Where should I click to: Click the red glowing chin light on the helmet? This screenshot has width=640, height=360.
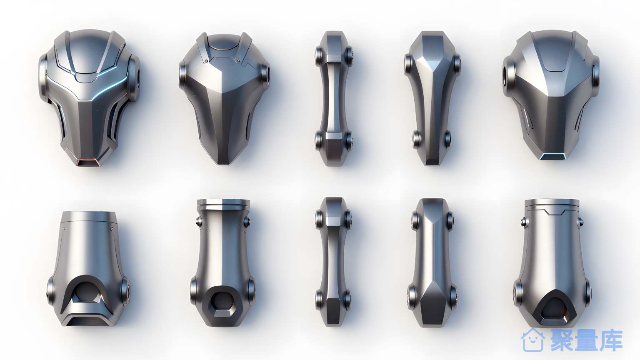89,162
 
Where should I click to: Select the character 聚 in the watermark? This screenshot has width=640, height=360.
562,340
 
